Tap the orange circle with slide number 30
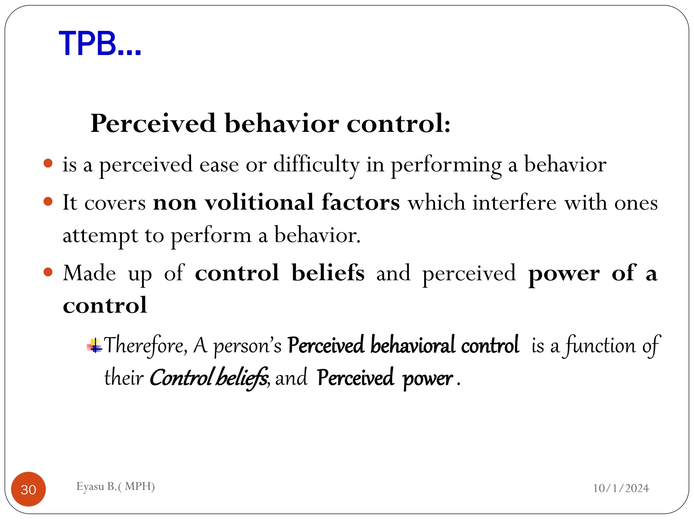(28, 489)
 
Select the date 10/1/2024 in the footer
(621, 488)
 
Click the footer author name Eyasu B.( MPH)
(116, 486)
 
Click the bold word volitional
(259, 203)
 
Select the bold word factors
(361, 203)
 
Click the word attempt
(100, 235)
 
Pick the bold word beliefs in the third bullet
(328, 273)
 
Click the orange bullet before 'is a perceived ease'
(48, 163)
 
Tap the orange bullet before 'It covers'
(48, 201)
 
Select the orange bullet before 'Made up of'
(48, 272)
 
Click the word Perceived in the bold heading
(153, 123)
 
